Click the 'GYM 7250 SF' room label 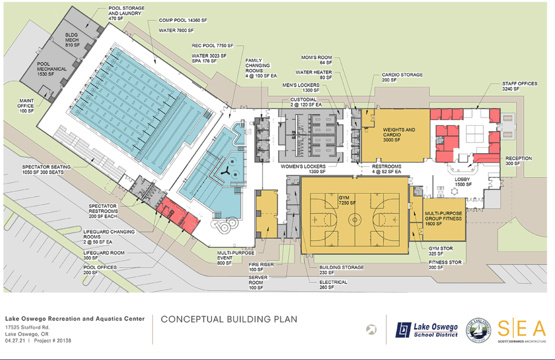(x=347, y=200)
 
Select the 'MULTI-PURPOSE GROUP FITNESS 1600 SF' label (x=443, y=219)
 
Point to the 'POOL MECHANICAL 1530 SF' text (x=52, y=69)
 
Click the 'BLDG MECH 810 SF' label (x=72, y=40)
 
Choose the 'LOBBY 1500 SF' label (x=462, y=182)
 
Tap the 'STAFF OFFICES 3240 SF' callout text (x=519, y=86)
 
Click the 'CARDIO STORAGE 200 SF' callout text (x=402, y=77)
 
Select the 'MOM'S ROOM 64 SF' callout (x=317, y=60)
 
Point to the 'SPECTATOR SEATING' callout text (x=46, y=167)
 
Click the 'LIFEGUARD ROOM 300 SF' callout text (x=104, y=255)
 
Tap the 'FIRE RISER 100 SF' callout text (x=261, y=267)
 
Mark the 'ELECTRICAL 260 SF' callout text (x=333, y=285)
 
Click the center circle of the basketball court (x=355, y=220)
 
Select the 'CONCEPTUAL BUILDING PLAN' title (x=229, y=319)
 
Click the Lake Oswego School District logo (x=426, y=330)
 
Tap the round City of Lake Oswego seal (x=478, y=330)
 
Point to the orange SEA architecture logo (x=522, y=331)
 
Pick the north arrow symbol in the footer (x=371, y=329)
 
